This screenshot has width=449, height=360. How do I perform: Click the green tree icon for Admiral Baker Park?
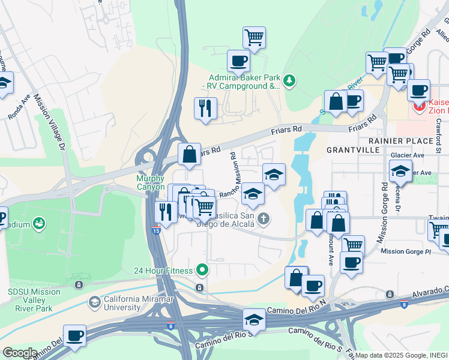[x=290, y=80]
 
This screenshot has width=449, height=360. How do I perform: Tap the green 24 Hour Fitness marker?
[x=202, y=270]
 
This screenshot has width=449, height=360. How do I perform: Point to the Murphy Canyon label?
[x=150, y=182]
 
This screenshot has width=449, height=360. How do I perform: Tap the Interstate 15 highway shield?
[x=155, y=230]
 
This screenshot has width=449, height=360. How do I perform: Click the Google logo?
[x=20, y=353]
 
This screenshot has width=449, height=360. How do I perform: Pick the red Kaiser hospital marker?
[x=418, y=107]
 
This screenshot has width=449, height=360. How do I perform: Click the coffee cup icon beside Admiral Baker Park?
[x=238, y=61]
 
